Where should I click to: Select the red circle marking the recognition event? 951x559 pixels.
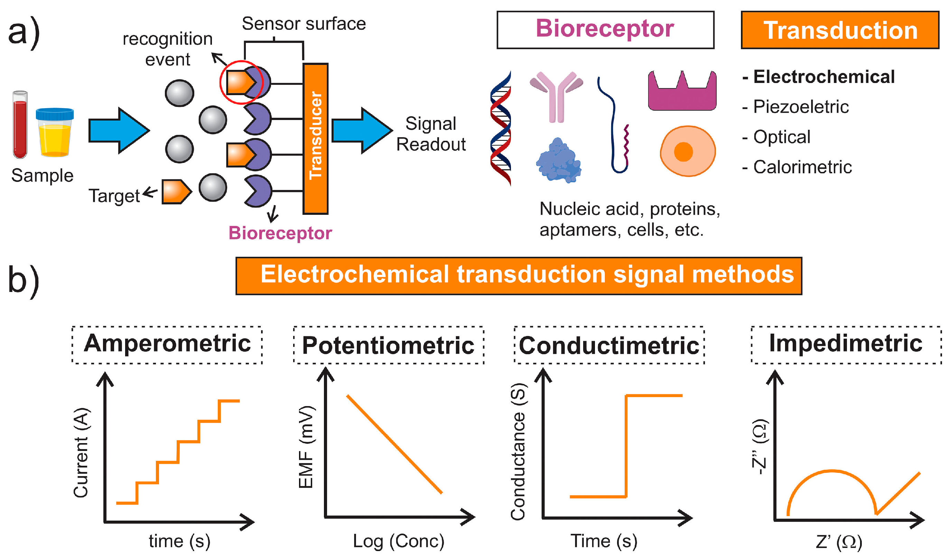[241, 82]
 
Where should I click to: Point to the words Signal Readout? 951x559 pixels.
[431, 134]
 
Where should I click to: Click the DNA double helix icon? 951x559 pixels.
[501, 128]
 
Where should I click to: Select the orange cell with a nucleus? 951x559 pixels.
[688, 151]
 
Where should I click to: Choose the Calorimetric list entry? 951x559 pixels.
[802, 167]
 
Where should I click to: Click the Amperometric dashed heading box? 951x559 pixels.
[167, 345]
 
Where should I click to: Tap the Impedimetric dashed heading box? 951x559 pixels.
[846, 345]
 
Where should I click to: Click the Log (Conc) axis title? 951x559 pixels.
[399, 541]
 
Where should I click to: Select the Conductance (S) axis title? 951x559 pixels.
[518, 452]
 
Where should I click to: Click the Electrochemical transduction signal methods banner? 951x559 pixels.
[519, 276]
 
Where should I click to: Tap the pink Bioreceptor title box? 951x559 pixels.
[605, 29]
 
